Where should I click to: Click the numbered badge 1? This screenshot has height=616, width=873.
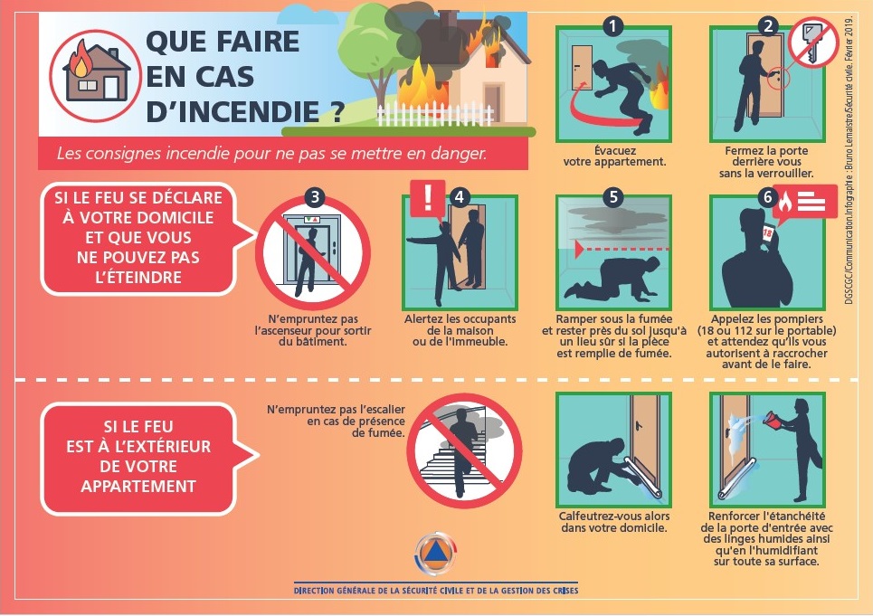tap(613, 26)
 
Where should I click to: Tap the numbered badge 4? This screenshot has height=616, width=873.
tap(460, 197)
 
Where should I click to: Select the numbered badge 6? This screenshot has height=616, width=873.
tap(768, 197)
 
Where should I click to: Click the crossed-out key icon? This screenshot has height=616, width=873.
tap(813, 43)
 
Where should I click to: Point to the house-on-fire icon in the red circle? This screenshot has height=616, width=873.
tap(96, 76)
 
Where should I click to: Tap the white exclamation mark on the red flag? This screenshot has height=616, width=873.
tap(428, 196)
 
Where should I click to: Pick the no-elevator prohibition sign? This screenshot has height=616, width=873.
tap(313, 252)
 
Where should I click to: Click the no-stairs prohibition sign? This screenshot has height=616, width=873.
tap(464, 450)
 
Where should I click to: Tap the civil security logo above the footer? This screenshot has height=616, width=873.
tap(435, 553)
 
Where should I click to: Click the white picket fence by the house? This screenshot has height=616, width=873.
tap(435, 114)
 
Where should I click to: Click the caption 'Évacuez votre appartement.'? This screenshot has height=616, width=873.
tap(614, 156)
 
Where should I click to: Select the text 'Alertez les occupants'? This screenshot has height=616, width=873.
tap(460, 319)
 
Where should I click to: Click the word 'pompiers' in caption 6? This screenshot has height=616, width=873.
tap(797, 319)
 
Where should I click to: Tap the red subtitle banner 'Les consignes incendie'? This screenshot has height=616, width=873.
tap(283, 153)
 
